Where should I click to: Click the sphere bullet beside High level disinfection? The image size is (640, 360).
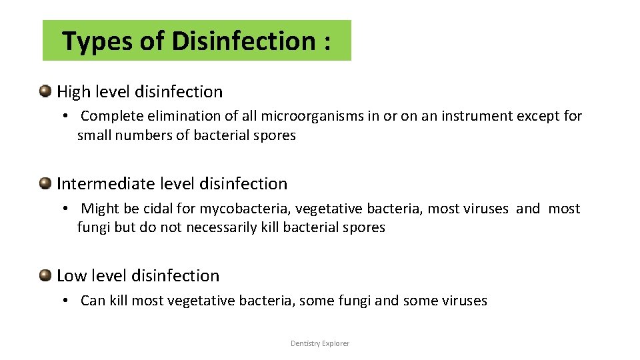[46, 91]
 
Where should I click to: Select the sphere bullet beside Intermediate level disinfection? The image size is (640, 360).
[46, 183]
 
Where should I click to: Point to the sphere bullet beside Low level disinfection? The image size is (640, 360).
[46, 275]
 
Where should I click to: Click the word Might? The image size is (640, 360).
[101, 209]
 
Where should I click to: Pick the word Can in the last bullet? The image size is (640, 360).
[93, 301]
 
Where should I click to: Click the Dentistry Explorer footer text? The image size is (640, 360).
[320, 343]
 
